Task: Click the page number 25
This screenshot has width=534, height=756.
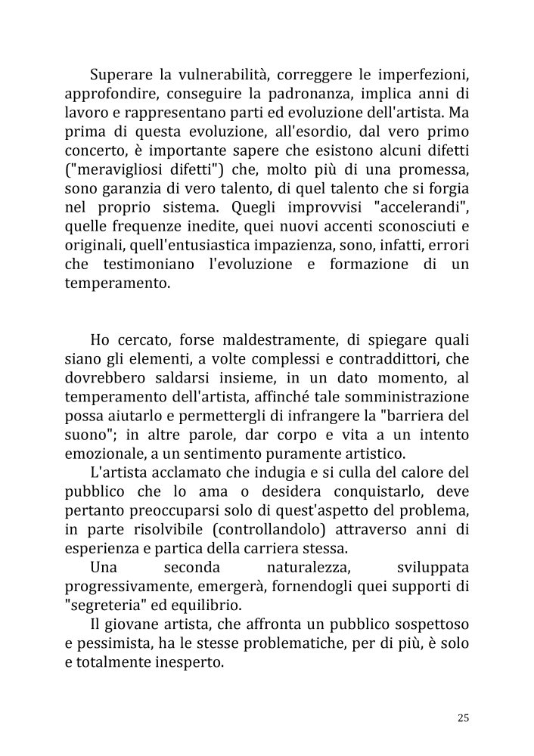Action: pos(464,717)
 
